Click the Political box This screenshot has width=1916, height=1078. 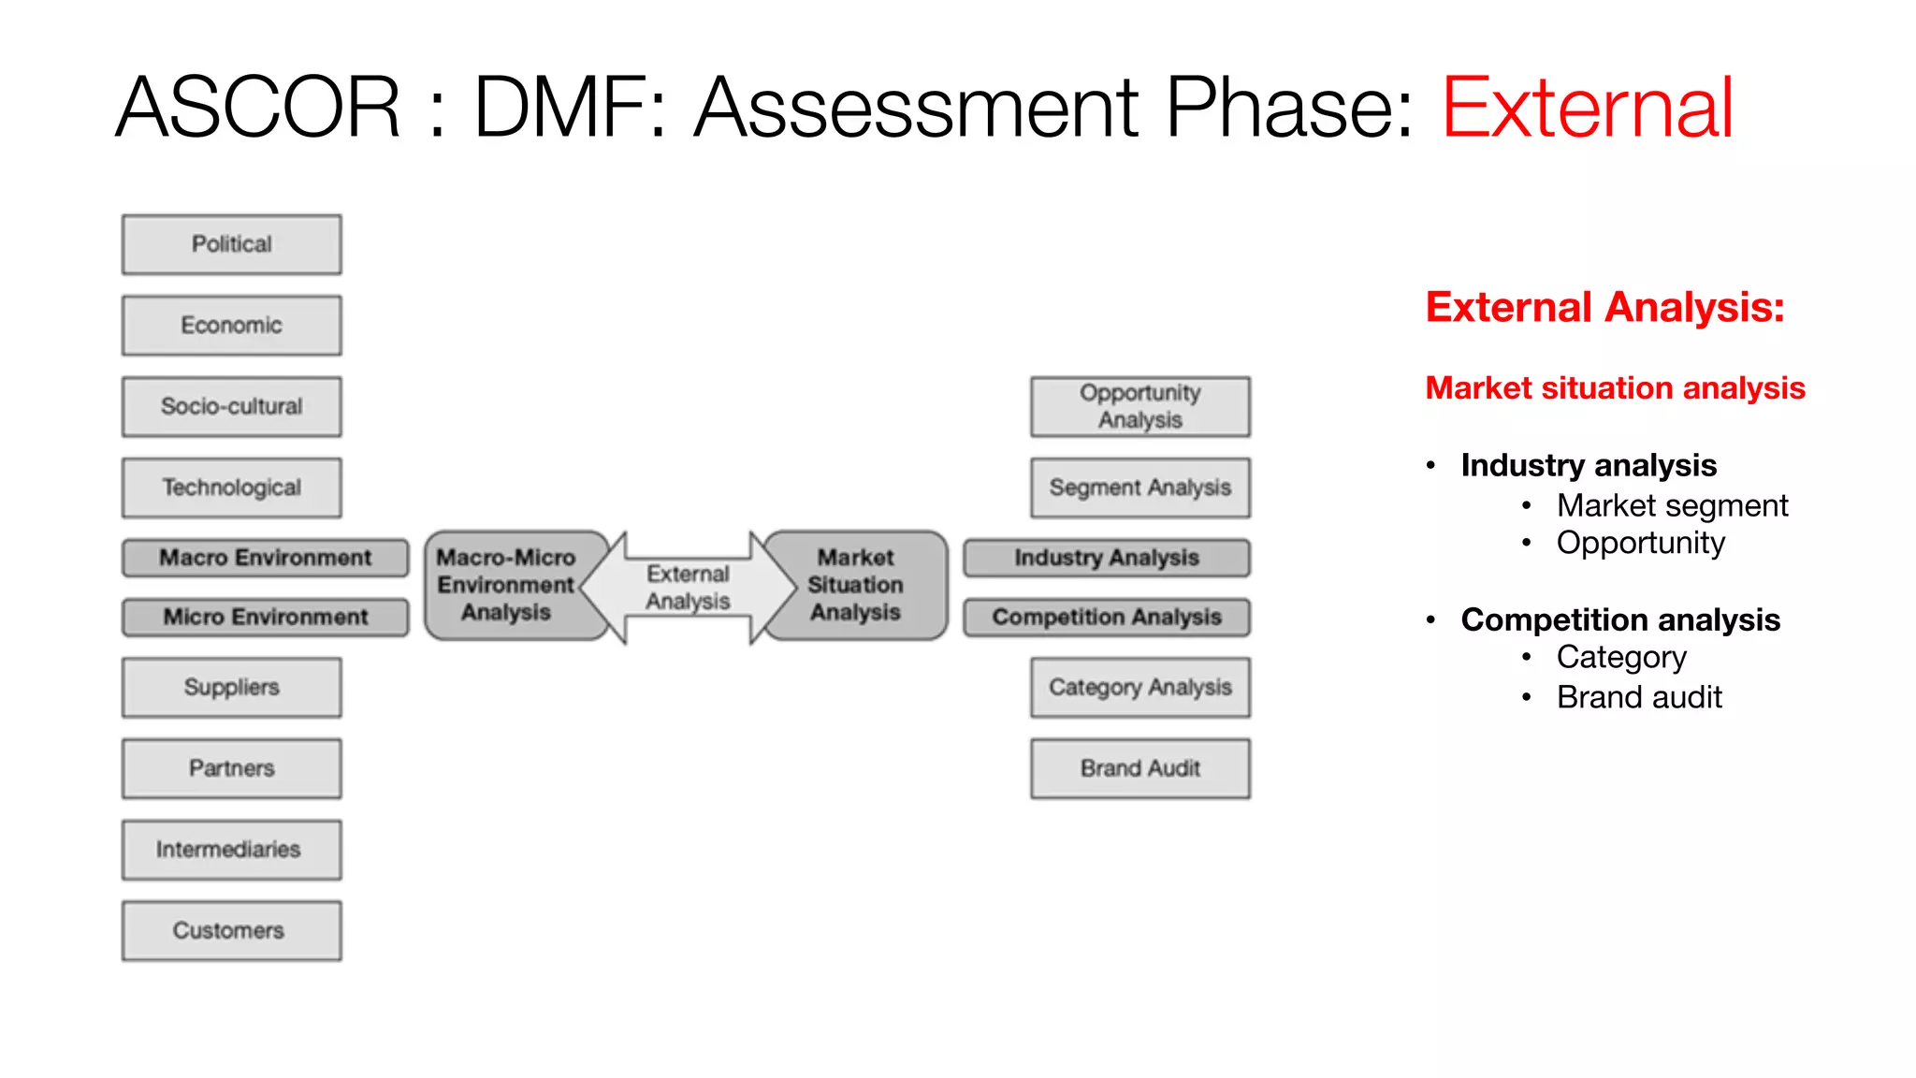pyautogui.click(x=231, y=244)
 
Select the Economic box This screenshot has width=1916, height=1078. pyautogui.click(x=231, y=326)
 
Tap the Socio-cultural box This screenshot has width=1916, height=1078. pyautogui.click(x=231, y=407)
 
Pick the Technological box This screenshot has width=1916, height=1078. pyautogui.click(x=231, y=488)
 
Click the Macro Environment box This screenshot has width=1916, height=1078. pyautogui.click(x=265, y=558)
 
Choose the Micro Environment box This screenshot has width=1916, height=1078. pyautogui.click(x=265, y=618)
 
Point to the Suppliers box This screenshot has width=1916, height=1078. pyautogui.click(x=231, y=688)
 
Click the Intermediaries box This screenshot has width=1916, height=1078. pyautogui.click(x=231, y=850)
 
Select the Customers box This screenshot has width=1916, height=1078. pyautogui.click(x=231, y=931)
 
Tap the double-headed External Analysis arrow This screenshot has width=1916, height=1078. pyautogui.click(x=688, y=588)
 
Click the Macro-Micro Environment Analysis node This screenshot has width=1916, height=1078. pyautogui.click(x=506, y=586)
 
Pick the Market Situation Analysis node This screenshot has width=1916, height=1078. pyautogui.click(x=856, y=586)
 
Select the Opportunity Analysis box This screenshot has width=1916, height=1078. pyautogui.click(x=1139, y=407)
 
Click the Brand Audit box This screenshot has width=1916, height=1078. pyautogui.click(x=1139, y=769)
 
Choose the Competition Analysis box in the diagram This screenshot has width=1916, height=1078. pyautogui.click(x=1107, y=618)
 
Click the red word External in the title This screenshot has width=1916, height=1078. pyautogui.click(x=1588, y=109)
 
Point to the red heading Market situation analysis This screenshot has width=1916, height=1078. pyautogui.click(x=1615, y=388)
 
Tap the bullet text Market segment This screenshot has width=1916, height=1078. pyautogui.click(x=1672, y=506)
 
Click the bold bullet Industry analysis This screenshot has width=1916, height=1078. pyautogui.click(x=1589, y=465)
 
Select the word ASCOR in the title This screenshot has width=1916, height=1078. pyautogui.click(x=258, y=109)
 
